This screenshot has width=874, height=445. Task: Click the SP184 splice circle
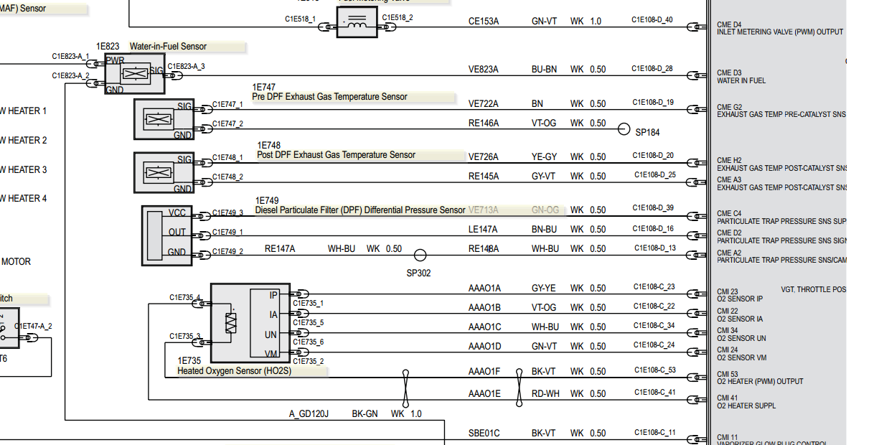(624, 129)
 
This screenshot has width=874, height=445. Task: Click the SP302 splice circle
(420, 254)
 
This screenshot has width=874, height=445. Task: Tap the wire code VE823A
(483, 70)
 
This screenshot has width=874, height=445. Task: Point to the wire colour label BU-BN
(544, 70)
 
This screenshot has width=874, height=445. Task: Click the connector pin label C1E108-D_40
(652, 19)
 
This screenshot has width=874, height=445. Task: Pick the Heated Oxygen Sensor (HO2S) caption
(235, 371)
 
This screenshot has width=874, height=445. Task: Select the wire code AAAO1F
(484, 372)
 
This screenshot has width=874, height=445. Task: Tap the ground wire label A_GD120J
(309, 414)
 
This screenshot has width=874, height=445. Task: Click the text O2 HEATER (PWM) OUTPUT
(760, 382)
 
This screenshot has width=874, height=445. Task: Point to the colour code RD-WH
(545, 394)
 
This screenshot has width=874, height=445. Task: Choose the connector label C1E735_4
(185, 297)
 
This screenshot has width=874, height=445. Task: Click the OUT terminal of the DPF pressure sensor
(177, 233)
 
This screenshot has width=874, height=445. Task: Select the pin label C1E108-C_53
(654, 370)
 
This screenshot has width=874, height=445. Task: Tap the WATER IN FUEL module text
(741, 81)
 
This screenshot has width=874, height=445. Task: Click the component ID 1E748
(269, 146)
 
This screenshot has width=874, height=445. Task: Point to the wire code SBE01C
(484, 434)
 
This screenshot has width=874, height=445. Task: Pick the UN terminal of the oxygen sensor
(271, 334)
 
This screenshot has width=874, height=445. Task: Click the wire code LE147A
(483, 230)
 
